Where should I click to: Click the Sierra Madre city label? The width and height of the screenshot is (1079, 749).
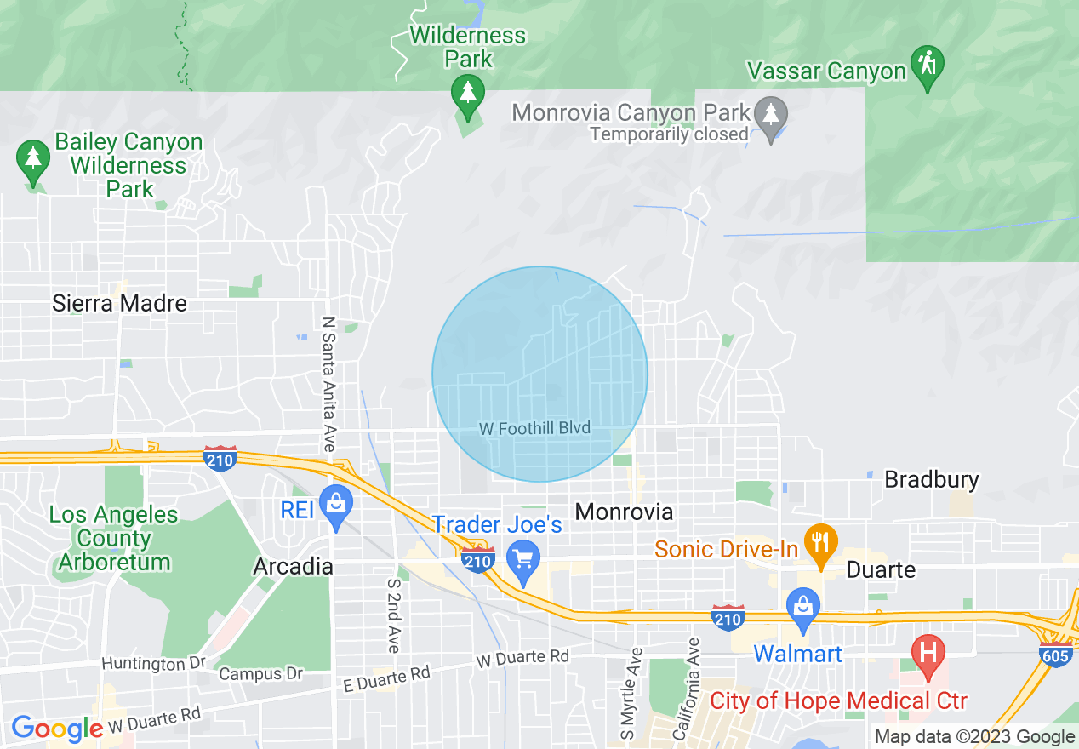119,303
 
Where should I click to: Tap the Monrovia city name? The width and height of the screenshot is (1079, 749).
624,512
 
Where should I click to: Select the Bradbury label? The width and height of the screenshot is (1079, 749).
932,479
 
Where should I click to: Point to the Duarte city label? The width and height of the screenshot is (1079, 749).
881,569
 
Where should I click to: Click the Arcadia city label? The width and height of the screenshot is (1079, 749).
293,566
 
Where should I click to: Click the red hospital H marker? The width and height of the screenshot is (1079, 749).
928,654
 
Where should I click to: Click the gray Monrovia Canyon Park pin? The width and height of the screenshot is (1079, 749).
772,115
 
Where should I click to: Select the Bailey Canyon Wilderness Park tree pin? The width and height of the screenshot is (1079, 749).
32,159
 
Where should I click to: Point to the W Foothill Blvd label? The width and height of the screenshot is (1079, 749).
534,428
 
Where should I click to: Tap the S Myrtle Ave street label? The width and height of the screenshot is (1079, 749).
631,693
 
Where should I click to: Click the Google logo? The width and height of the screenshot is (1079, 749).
56,728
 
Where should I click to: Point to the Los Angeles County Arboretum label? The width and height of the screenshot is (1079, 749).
113,539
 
